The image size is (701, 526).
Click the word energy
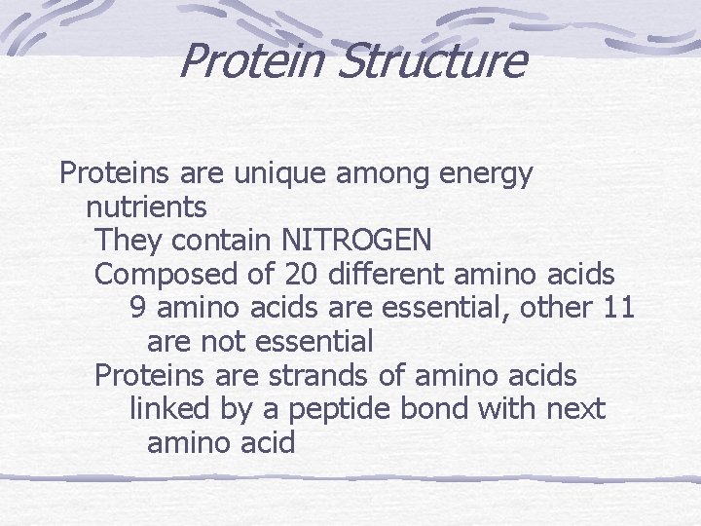[x=488, y=175]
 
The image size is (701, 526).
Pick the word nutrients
[x=146, y=207]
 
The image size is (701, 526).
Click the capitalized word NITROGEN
[x=356, y=240]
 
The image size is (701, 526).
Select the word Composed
[x=166, y=274]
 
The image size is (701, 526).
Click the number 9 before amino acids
[x=138, y=308]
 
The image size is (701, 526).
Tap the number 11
[x=619, y=308]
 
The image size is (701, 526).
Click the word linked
[x=170, y=410]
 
